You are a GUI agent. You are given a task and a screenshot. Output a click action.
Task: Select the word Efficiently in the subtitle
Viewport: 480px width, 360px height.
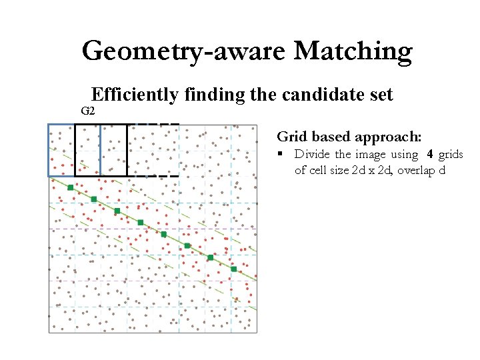[x=135, y=95]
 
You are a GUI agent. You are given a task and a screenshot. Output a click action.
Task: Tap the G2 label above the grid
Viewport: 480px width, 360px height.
[x=87, y=111]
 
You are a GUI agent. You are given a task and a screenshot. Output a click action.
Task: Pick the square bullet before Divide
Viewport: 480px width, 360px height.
[x=282, y=155]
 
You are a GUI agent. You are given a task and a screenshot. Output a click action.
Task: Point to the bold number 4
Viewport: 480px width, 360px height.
[x=430, y=155]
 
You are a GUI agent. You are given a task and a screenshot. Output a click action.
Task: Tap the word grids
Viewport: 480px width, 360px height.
[x=451, y=155]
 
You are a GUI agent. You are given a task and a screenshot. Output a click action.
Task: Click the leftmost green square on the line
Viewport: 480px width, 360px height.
[x=71, y=188]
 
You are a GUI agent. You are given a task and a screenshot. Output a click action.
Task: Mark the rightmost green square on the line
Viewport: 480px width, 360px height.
[x=233, y=269]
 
